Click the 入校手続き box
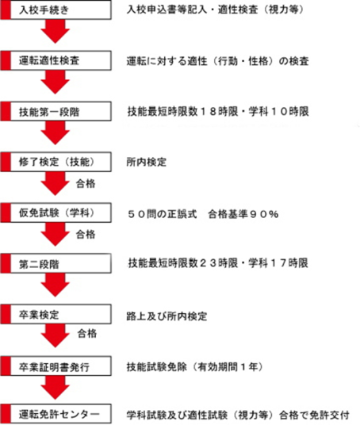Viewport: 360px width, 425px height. click(56, 10)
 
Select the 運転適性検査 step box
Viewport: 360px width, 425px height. click(56, 60)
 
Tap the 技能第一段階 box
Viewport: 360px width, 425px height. click(56, 111)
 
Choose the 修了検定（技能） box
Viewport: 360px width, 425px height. click(56, 162)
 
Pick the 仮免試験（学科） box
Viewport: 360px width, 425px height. click(56, 212)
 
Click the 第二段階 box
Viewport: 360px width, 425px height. click(56, 263)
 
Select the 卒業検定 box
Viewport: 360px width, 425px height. click(56, 314)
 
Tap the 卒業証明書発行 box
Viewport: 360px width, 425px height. click(56, 366)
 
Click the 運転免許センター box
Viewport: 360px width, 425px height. click(56, 414)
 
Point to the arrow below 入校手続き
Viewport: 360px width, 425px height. click(56, 32)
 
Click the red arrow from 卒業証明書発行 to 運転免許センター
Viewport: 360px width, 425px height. click(56, 388)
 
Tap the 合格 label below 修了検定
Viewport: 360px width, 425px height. click(86, 184)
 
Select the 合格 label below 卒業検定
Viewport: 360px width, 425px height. click(87, 333)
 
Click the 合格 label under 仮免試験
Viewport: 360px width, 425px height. click(86, 234)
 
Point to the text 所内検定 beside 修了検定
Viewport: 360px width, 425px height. click(147, 162)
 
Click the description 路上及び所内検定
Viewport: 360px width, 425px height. click(167, 316)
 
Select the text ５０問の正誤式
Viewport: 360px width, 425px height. click(162, 214)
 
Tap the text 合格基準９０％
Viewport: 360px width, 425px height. click(243, 214)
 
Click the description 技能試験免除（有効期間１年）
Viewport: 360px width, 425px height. click(194, 367)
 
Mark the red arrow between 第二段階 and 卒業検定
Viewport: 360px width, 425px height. click(56, 285)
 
